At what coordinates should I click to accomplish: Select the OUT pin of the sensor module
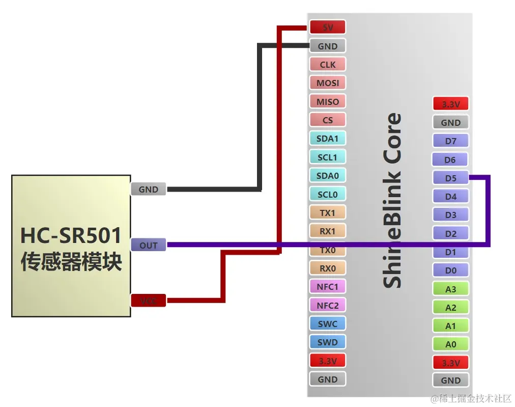tap(149, 245)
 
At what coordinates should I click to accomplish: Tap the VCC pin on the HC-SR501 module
tap(149, 301)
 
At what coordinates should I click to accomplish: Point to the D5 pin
tap(450, 178)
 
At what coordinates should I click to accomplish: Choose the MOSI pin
tap(327, 83)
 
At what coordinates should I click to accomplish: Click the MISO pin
tap(327, 101)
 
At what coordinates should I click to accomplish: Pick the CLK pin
tap(327, 65)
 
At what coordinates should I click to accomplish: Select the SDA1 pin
tap(327, 139)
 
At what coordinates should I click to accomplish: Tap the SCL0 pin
tap(327, 194)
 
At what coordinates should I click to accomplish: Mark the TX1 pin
tap(327, 212)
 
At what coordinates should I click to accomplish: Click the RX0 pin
tap(327, 268)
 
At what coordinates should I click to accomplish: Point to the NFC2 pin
tap(327, 305)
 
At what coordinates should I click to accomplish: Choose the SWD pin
tap(327, 342)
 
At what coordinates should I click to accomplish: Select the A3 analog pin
tap(450, 289)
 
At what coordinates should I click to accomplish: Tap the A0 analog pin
tap(450, 344)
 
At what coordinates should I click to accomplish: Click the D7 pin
tap(450, 141)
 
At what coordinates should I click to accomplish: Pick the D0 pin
tap(450, 270)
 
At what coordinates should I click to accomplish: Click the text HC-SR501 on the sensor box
tap(71, 236)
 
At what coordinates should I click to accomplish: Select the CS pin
tap(327, 120)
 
